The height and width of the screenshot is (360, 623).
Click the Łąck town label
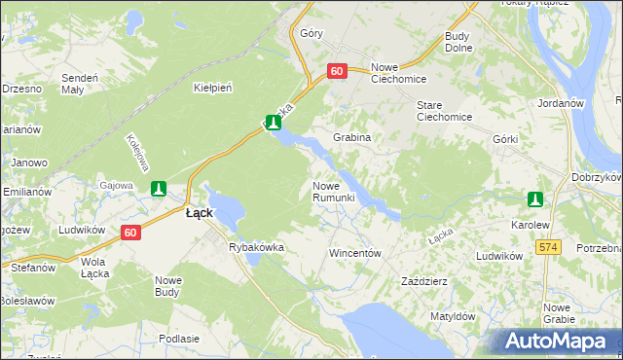click(200, 213)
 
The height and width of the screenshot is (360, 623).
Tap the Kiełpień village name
click(212, 88)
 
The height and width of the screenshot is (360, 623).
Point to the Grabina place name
click(352, 137)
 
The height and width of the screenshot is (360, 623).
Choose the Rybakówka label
click(256, 247)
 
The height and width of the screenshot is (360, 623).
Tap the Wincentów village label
click(354, 252)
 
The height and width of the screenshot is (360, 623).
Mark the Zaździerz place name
click(424, 281)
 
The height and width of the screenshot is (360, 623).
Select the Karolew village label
click(531, 224)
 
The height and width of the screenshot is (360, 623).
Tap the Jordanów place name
click(559, 102)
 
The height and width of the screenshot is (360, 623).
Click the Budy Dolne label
click(458, 42)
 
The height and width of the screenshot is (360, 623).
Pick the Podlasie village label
click(178, 338)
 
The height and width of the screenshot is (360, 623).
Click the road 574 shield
click(548, 248)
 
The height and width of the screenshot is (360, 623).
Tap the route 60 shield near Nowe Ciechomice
click(337, 71)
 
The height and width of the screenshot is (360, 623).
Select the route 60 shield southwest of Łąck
click(132, 232)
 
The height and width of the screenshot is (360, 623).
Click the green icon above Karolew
click(534, 199)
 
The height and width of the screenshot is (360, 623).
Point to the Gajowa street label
click(116, 184)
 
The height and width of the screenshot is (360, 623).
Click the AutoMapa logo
click(558, 341)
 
